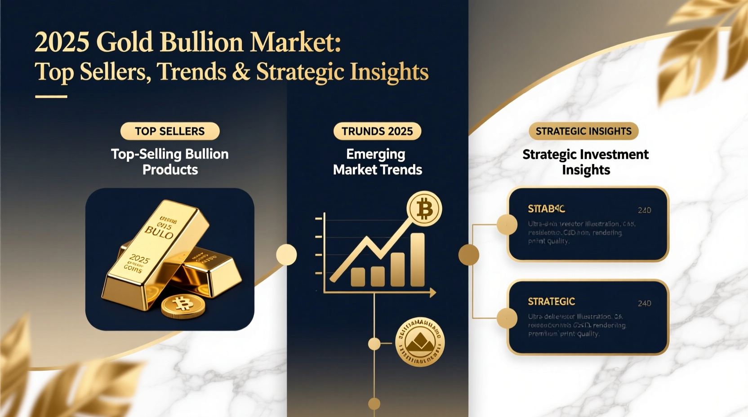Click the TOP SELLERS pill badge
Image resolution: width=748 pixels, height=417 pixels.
[x=170, y=131]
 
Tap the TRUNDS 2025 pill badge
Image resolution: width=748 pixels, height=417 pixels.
[x=377, y=131]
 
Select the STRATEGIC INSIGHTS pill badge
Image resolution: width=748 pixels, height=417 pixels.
[x=583, y=131]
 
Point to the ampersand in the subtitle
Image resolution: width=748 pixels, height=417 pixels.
[x=241, y=72]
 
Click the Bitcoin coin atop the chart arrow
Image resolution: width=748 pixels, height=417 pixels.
[x=424, y=209]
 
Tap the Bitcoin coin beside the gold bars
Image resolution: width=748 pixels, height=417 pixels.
[x=183, y=306]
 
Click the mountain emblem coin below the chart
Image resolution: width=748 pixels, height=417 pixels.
[x=420, y=342]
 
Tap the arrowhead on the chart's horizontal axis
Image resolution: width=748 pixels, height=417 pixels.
[x=432, y=293]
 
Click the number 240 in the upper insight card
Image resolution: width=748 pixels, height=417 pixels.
[x=644, y=210]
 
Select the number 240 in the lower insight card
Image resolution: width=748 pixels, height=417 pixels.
[x=644, y=303]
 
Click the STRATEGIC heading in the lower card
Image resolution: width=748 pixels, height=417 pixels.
[x=551, y=302]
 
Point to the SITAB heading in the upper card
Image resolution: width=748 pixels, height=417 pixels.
[x=546, y=209]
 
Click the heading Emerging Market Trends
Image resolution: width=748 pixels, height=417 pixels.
[x=377, y=162]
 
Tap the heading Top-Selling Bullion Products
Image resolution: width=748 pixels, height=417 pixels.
[x=170, y=162]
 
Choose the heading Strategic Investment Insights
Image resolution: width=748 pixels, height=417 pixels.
[x=585, y=162]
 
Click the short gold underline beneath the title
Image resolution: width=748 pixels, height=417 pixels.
[x=51, y=97]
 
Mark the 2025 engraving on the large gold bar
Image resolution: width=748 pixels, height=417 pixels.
[x=139, y=259]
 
